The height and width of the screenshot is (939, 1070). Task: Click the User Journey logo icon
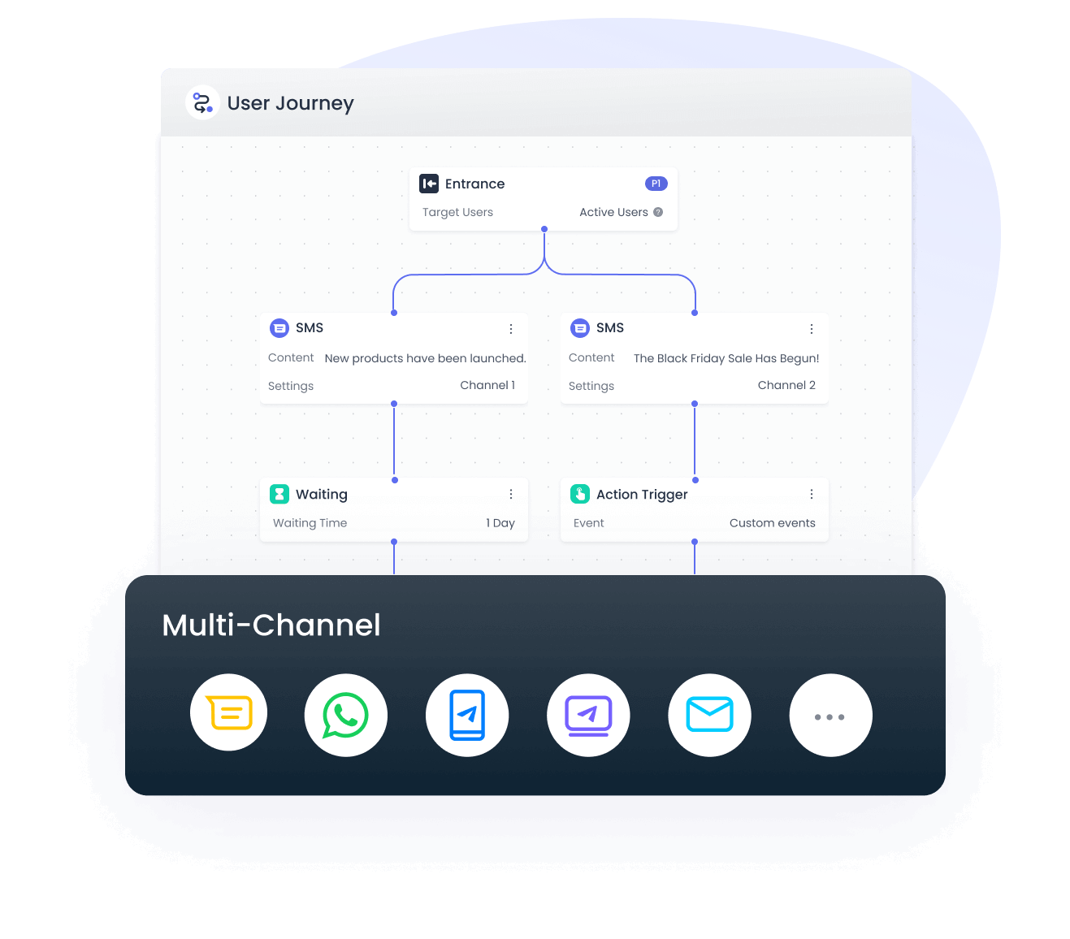201,102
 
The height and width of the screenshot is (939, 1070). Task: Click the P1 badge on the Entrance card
656,184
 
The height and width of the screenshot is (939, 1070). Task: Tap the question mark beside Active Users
657,212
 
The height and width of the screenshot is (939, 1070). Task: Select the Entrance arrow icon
428,184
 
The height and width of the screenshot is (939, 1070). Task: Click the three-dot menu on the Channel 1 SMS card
511,328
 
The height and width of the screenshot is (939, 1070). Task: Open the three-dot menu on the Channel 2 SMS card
811,328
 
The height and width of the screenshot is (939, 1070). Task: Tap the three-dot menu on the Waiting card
511,494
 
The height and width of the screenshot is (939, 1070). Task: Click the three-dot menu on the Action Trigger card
811,494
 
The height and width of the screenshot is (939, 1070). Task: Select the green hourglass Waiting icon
279,494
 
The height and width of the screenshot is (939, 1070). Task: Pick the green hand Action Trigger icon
580,494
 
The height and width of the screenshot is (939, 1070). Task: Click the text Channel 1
487,385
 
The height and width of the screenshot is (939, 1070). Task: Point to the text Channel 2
786,385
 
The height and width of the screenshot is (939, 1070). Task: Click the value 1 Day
500,523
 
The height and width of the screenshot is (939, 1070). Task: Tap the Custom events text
772,523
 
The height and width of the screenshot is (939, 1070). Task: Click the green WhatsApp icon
345,715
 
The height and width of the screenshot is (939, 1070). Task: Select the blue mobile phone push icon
467,715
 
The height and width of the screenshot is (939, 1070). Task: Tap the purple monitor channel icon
588,715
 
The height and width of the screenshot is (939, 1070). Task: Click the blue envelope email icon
709,715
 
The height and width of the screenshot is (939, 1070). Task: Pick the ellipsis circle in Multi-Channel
831,715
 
